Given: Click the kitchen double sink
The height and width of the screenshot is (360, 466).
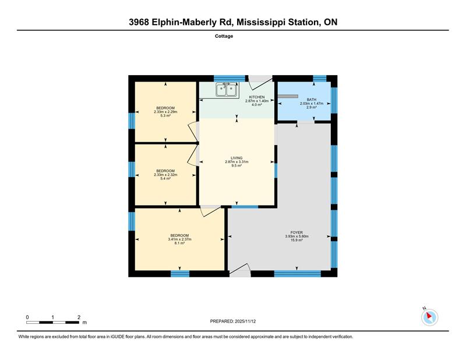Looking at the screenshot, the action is click(227, 90).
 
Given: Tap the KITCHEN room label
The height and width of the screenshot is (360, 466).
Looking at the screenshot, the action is click(257, 97).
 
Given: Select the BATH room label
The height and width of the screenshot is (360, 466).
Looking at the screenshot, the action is click(312, 100).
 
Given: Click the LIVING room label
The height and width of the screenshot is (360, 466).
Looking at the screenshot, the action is click(236, 158).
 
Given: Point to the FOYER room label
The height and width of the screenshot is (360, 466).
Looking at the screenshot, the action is click(296, 232).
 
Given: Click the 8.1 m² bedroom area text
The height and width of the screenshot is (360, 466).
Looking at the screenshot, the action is click(179, 243).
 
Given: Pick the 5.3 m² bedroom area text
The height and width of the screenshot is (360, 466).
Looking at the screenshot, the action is click(165, 116).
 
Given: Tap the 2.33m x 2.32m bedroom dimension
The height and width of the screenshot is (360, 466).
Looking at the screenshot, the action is click(165, 175).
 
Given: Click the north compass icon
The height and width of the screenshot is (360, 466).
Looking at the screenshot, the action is click(429, 317).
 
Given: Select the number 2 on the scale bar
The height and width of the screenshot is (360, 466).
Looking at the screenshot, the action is click(79, 317).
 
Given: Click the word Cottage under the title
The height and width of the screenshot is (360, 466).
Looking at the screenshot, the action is click(224, 36).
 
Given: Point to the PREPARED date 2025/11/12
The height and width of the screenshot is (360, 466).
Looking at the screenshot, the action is click(245, 322).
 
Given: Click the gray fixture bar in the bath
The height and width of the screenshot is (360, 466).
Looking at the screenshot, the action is click(288, 96).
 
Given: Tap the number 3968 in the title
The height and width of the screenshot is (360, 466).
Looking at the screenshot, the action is click(139, 22).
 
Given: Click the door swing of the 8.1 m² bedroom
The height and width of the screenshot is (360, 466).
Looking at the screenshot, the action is click(211, 211).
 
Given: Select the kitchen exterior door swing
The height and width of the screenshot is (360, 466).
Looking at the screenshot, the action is click(260, 82).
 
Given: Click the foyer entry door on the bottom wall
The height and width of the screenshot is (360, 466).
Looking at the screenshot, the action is click(239, 270).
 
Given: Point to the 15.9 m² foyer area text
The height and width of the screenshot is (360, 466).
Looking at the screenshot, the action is click(296, 240).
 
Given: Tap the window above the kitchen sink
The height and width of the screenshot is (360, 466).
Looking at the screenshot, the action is click(230, 79).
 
